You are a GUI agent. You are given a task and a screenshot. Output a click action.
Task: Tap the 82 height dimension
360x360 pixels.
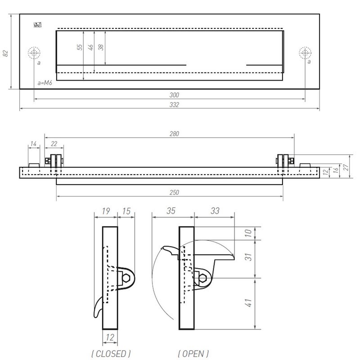pos(6,53)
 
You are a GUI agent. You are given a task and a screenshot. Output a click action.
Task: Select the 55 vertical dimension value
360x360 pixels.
pos(80,47)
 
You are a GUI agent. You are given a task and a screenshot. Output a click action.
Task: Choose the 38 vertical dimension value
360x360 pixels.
pos(101,47)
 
